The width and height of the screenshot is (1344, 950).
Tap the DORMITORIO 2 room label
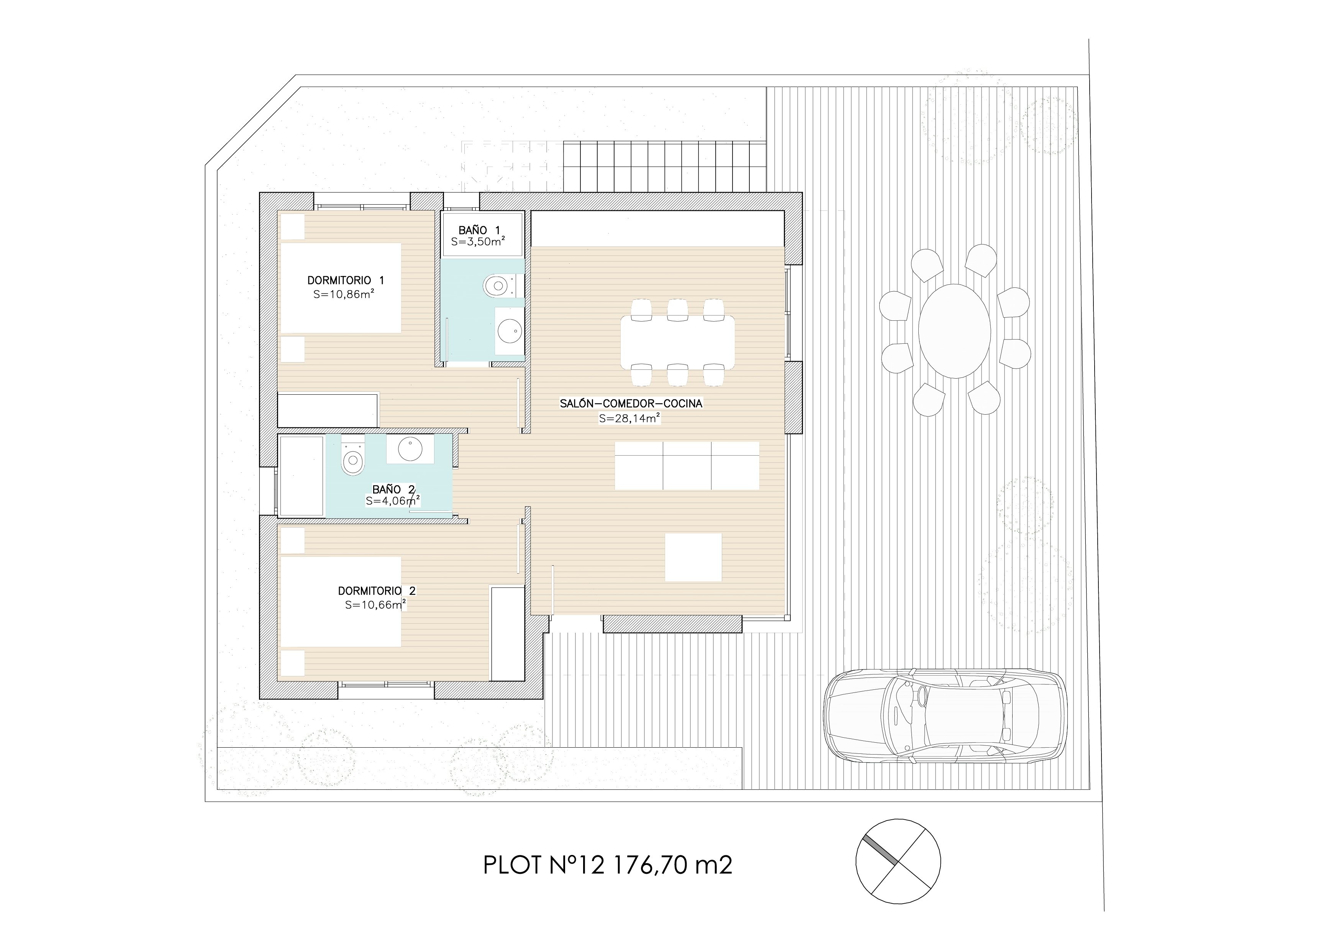pyautogui.click(x=376, y=591)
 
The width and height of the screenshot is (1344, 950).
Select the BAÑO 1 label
pyautogui.click(x=479, y=231)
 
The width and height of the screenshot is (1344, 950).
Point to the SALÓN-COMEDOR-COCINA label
pyautogui.click(x=631, y=403)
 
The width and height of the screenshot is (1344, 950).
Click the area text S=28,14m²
pyautogui.click(x=630, y=418)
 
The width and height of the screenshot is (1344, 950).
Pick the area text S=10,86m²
pyautogui.click(x=344, y=294)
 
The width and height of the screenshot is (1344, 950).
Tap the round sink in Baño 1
pyautogui.click(x=509, y=331)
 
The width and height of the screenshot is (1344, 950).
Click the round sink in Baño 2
pyautogui.click(x=410, y=449)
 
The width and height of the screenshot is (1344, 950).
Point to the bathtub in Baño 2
pyautogui.click(x=302, y=476)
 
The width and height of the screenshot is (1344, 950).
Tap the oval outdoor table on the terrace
pyautogui.click(x=954, y=331)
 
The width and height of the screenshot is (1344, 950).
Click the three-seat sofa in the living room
pyautogui.click(x=687, y=466)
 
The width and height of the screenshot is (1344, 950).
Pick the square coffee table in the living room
pyautogui.click(x=693, y=557)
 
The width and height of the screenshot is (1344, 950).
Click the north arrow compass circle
pyautogui.click(x=898, y=861)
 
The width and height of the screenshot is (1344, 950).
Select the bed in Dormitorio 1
pyautogui.click(x=341, y=288)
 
